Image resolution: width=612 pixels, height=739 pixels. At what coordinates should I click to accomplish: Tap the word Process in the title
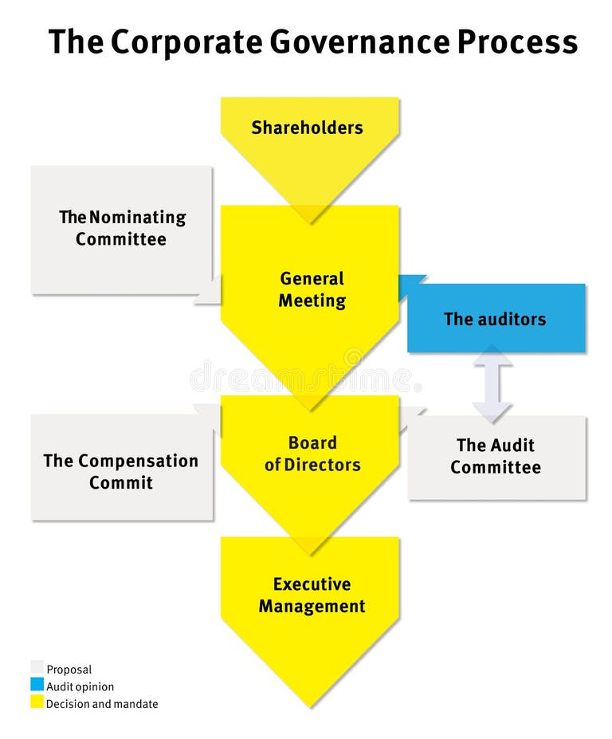tap(517, 41)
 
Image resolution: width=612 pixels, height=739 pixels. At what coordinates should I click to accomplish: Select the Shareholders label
tap(307, 128)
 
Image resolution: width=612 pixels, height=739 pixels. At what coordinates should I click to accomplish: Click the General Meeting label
tap(312, 290)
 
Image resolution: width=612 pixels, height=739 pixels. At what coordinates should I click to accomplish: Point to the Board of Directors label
tap(312, 454)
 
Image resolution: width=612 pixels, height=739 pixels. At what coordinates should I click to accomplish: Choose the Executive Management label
tap(312, 596)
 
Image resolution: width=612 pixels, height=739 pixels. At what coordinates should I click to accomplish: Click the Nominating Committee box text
tap(122, 228)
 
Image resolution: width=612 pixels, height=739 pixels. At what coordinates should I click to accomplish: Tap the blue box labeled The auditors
tap(496, 319)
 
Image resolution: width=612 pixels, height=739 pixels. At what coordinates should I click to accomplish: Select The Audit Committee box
tap(496, 457)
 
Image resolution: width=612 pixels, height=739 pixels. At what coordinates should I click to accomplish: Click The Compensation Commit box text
tap(121, 471)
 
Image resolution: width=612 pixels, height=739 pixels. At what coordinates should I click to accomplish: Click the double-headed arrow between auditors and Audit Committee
tap(492, 384)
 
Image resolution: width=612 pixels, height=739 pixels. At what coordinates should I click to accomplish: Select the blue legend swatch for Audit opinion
tap(37, 685)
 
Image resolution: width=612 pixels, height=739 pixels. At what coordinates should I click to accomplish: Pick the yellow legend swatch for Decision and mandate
tap(37, 702)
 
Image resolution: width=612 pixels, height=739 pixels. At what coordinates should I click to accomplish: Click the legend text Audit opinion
tap(80, 686)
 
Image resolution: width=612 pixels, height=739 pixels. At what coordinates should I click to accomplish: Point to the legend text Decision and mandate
tap(102, 704)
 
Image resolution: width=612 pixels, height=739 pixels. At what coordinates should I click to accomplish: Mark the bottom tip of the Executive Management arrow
tap(310, 706)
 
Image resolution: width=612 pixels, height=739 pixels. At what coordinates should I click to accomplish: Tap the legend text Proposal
tap(69, 670)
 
